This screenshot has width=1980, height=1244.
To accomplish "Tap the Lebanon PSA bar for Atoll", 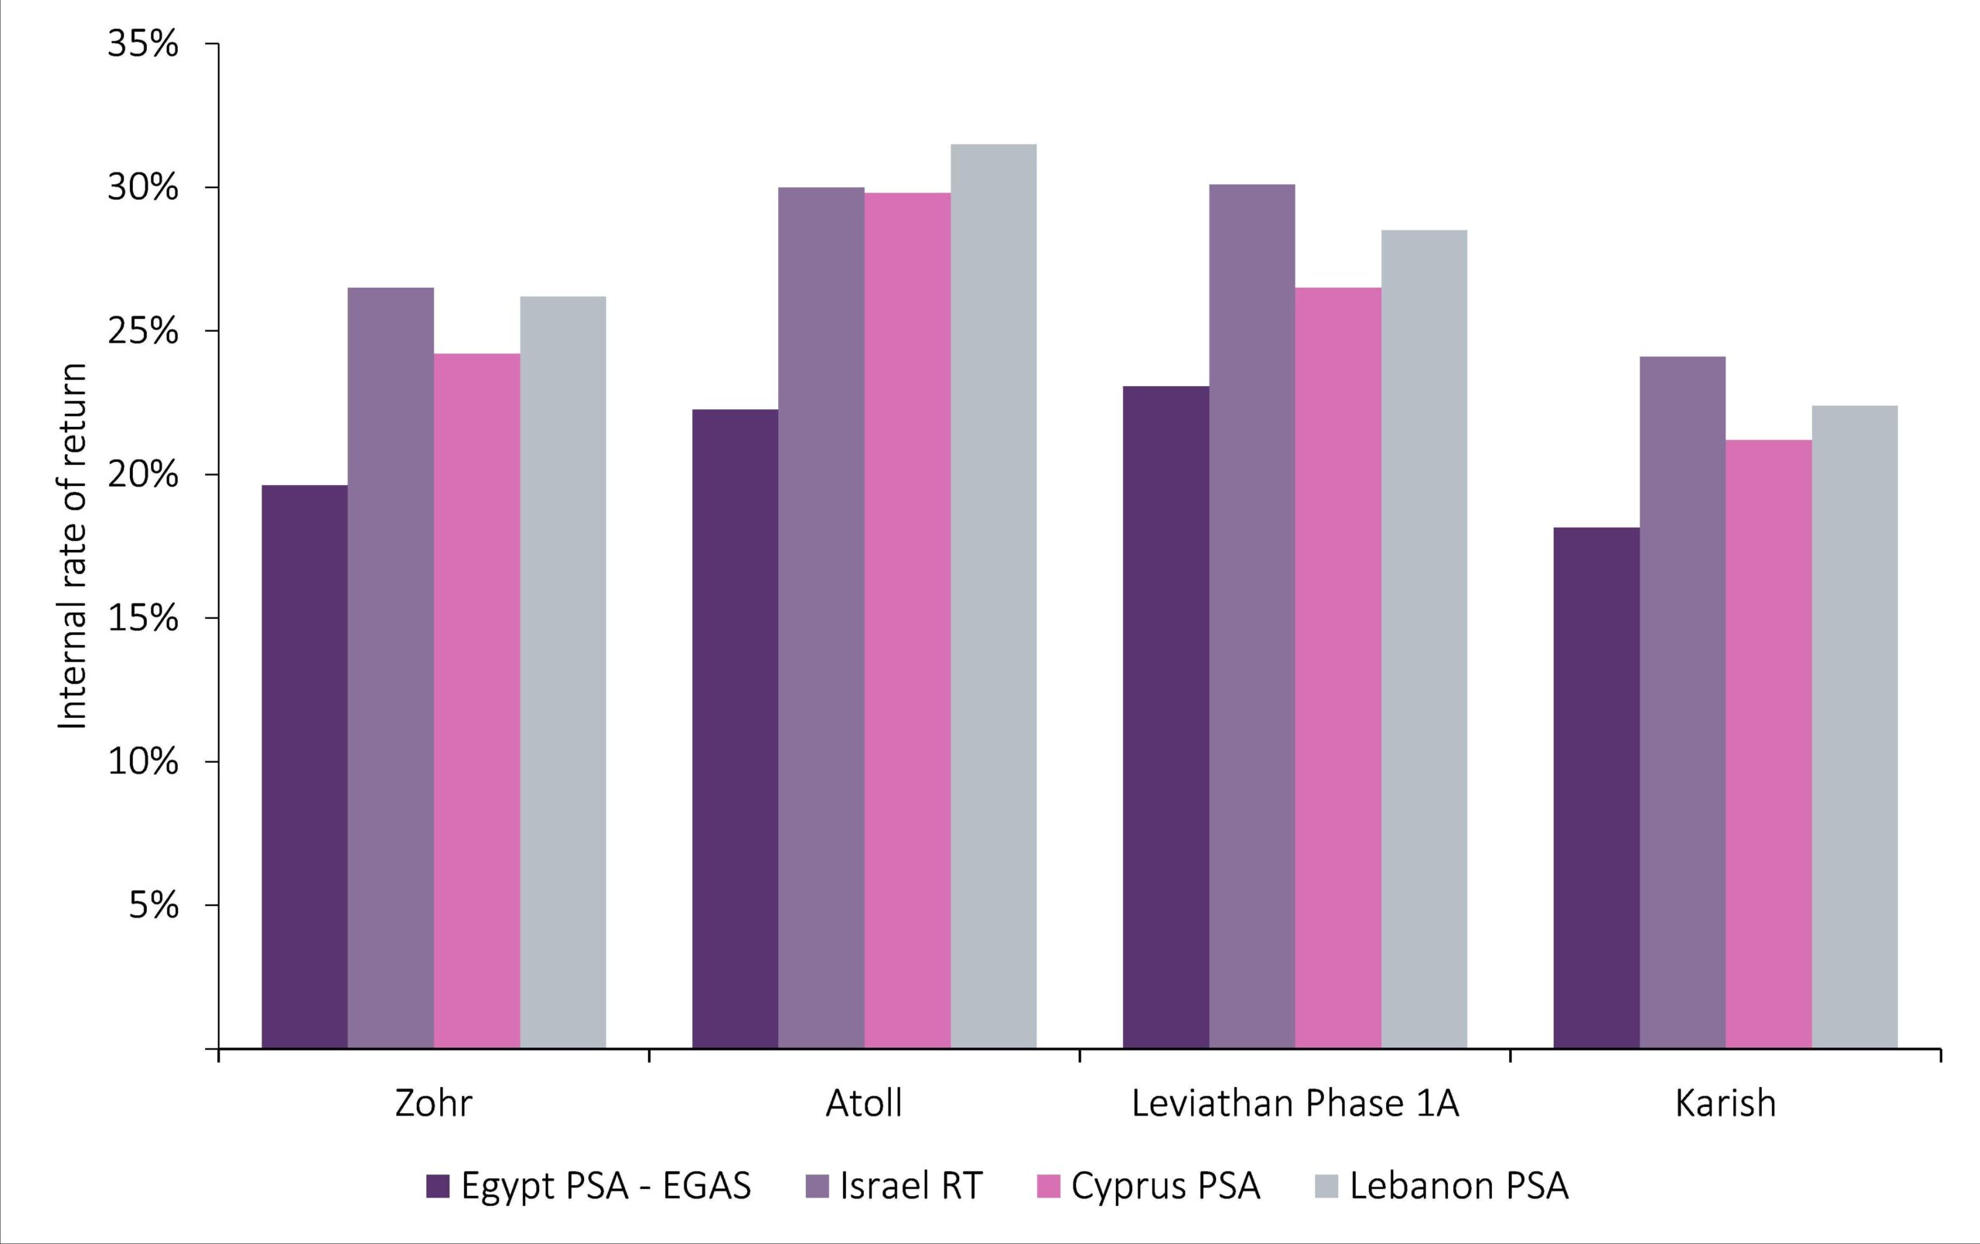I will point(993,596).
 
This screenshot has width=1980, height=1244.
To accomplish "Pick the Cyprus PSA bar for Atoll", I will point(907,620).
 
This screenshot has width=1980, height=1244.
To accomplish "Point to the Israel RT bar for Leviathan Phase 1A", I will point(1251,617).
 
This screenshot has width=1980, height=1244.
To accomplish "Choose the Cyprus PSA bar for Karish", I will point(1769,744).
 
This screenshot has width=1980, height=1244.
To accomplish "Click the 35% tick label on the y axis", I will point(142,44).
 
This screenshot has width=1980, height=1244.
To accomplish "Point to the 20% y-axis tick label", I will point(142,475).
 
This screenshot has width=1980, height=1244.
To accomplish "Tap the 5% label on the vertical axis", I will point(153,905).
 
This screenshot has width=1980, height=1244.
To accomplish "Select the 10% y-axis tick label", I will point(142,762).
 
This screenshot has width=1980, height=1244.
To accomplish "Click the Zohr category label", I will point(433,1103).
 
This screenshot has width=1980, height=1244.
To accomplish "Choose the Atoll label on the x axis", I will point(863,1103).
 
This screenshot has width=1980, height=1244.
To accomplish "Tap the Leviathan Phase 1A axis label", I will point(1295,1103).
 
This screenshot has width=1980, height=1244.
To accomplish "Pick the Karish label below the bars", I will point(1725,1103).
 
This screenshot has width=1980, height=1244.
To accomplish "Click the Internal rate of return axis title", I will point(73,546).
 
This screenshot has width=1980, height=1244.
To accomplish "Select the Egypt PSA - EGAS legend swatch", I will point(438,1187).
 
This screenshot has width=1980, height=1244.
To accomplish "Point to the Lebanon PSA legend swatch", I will point(1326,1187).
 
